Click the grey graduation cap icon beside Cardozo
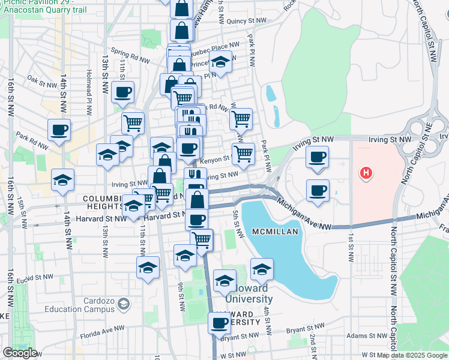tap(123, 304)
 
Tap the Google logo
tap(20, 353)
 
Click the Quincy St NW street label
tap(246, 21)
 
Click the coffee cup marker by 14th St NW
tap(59, 130)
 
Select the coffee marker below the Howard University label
tap(220, 323)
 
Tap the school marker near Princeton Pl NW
tap(221, 62)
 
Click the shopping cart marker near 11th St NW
tap(133, 122)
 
